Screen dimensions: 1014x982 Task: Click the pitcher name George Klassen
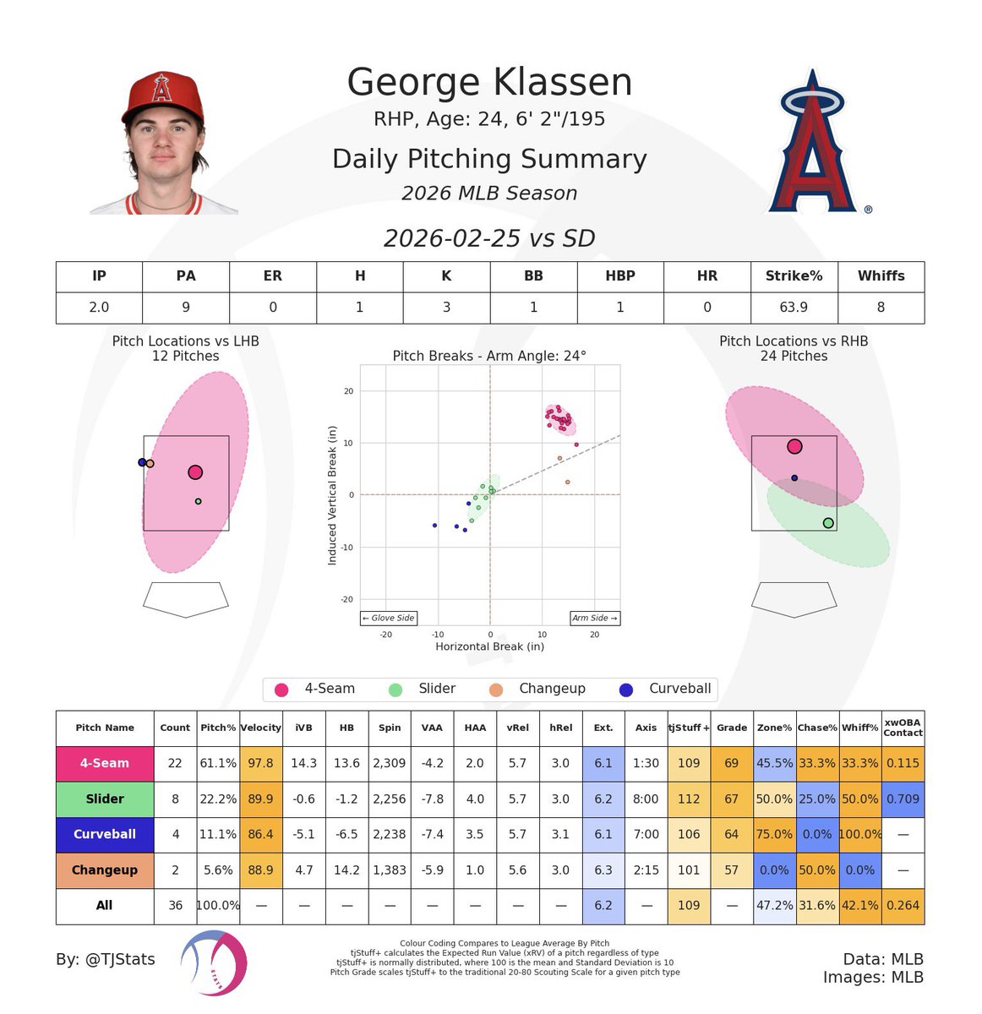(489, 83)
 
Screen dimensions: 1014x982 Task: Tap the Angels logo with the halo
(813, 144)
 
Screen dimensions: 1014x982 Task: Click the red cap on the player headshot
(163, 95)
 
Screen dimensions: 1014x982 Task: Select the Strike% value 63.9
(794, 308)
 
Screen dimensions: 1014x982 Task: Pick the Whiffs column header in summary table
(881, 276)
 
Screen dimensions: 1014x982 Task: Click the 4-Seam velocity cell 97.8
(261, 763)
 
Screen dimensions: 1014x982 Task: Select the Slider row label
(105, 799)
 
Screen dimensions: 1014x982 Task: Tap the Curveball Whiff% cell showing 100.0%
(860, 835)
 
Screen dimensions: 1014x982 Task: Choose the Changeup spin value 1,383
(390, 870)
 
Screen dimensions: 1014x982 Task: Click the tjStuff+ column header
(689, 728)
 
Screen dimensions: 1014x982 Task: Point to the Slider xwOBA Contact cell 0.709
(903, 799)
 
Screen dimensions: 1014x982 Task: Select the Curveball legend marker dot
(626, 690)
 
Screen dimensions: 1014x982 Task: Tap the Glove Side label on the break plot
(389, 619)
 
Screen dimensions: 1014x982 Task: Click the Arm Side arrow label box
(594, 619)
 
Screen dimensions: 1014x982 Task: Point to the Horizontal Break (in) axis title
(489, 646)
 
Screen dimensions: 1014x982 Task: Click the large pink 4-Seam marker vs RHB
(794, 447)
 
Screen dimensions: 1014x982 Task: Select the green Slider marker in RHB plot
(828, 523)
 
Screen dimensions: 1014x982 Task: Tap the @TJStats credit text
(106, 959)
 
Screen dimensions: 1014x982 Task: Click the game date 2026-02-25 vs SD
(489, 238)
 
